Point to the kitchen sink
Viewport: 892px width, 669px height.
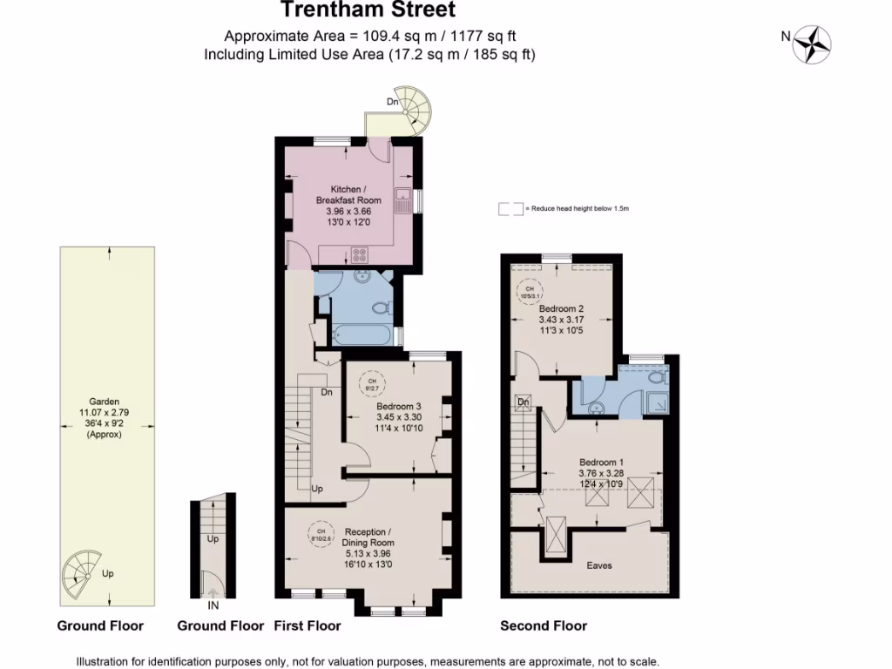pos(403,199)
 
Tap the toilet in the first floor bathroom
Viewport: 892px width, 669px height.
pos(380,307)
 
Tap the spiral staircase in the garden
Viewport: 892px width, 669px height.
pos(83,571)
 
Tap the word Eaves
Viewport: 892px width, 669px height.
pos(598,565)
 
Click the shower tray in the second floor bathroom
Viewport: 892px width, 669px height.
pos(659,402)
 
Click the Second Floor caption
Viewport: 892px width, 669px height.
pos(544,625)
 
